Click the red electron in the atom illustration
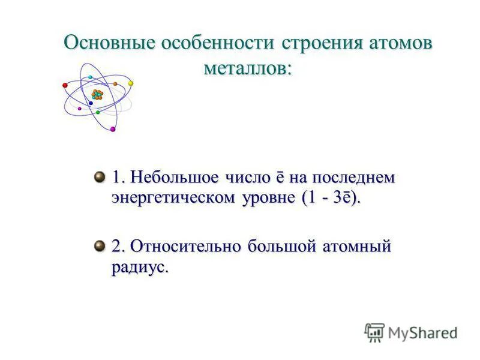coord(65,86)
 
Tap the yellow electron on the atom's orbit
coord(130,83)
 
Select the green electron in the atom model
coord(97,112)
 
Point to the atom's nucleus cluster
coord(97,94)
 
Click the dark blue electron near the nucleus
coord(91,103)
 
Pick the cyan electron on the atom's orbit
coord(90,77)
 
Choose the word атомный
coord(358,247)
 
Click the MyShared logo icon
coord(374,332)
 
